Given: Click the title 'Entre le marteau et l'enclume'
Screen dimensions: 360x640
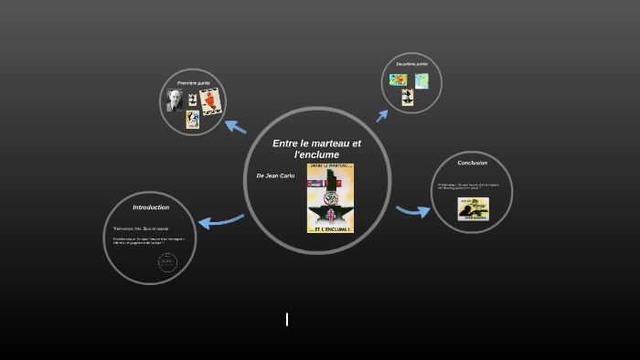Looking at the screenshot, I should click(316, 149).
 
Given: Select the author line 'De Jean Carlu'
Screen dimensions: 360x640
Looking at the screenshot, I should click(275, 175).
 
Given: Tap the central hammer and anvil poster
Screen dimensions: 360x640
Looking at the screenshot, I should click(330, 197).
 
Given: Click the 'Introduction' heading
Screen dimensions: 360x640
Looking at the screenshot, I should click(151, 207).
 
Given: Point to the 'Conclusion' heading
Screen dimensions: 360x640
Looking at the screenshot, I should click(472, 163).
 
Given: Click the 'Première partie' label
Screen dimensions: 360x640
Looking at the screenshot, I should click(193, 83).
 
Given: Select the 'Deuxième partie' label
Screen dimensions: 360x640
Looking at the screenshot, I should click(411, 64).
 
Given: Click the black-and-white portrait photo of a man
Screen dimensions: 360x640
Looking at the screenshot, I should click(175, 100).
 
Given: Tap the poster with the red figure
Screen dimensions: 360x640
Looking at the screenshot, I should click(210, 101).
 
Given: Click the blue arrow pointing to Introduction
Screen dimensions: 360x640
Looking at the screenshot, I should click(219, 220).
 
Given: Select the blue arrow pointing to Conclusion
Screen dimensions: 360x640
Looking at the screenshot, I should click(413, 211).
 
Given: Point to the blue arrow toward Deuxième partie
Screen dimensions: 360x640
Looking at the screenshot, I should click(382, 115).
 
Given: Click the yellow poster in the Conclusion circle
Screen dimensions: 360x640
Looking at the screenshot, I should click(473, 208).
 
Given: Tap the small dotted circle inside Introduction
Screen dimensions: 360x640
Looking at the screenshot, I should click(167, 262).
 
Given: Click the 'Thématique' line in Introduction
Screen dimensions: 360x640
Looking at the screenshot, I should click(141, 228).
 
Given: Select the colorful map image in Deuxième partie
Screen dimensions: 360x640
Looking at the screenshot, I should click(398, 79).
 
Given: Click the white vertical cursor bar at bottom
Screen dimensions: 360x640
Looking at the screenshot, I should click(287, 319).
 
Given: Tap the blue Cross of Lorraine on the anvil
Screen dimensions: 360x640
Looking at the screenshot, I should click(331, 216).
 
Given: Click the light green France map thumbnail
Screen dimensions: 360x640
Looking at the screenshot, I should click(421, 80).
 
